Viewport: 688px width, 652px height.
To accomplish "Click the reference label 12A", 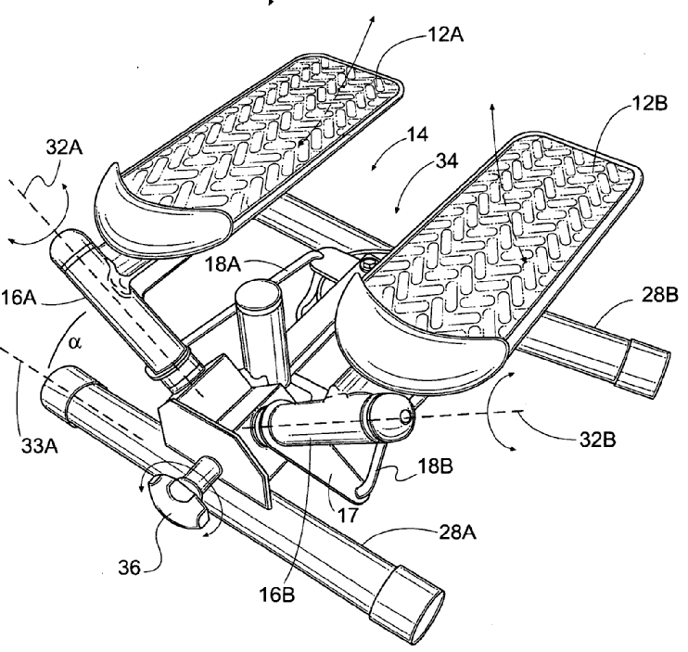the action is (x=445, y=33).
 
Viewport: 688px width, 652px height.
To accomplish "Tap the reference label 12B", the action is (x=649, y=104).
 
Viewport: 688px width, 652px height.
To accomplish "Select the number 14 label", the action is (x=417, y=134).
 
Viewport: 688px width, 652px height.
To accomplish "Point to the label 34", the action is (x=447, y=161).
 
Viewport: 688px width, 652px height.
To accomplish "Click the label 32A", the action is (x=65, y=147).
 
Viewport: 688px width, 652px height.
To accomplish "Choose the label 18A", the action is (x=223, y=264).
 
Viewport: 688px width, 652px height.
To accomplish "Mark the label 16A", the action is (x=18, y=298).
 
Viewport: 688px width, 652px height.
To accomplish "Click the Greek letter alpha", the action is (x=75, y=342).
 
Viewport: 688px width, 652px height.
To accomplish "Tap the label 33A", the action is (x=40, y=446).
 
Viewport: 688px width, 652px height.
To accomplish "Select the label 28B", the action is (x=660, y=295).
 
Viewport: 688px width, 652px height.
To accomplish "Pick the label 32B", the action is (x=598, y=440).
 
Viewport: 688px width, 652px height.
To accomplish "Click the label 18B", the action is (x=435, y=467).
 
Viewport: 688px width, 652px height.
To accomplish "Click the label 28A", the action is (x=457, y=532).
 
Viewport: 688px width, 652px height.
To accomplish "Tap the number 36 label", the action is (x=129, y=569).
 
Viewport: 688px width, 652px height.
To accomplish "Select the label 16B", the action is (x=277, y=594).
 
